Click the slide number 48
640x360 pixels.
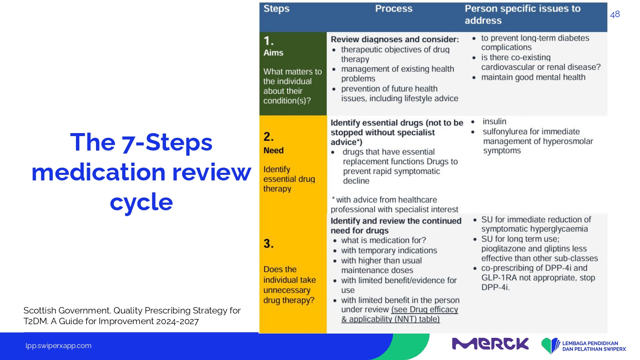615,14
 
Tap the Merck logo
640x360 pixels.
490,344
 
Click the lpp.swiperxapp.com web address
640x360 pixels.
58,346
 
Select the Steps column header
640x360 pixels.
276,9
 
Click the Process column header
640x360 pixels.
394,9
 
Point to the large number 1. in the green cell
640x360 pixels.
268,41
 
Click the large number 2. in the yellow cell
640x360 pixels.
268,136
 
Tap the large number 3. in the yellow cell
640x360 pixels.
268,244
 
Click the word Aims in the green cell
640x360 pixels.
273,53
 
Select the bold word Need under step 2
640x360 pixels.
273,151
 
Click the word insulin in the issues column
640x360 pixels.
494,122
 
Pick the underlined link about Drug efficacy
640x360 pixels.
400,314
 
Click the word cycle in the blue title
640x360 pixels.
141,202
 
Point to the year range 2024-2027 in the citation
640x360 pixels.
177,322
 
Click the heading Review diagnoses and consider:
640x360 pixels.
395,39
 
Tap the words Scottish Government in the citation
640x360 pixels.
67,311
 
